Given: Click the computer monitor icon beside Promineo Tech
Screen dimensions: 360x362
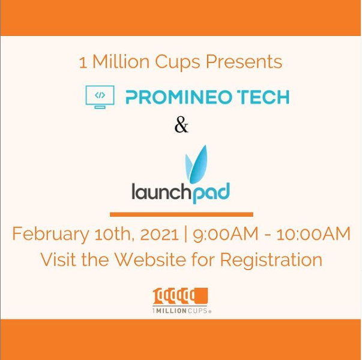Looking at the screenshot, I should pos(100,96).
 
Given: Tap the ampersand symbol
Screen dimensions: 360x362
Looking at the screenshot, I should pos(181,125).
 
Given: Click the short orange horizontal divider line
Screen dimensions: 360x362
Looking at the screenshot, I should pos(181,214).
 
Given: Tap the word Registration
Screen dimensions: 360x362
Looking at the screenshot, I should pos(271,260).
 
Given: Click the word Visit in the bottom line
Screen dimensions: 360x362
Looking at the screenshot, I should pos(60,260).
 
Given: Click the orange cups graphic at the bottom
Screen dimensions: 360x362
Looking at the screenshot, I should pos(181,296).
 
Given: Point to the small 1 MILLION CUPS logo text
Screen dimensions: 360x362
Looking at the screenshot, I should pos(181,310).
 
